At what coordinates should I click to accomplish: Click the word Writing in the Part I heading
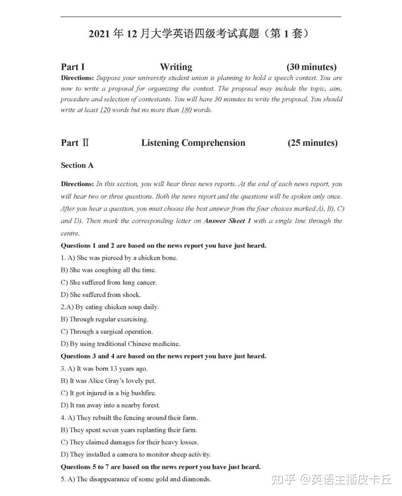pos(176,67)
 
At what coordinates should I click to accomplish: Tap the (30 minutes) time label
pos(312,67)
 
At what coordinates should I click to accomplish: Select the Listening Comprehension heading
pos(193,143)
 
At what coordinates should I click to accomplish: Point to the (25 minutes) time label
pos(313,143)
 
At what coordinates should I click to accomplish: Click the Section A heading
pos(77,165)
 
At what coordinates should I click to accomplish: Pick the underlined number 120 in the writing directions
pos(105,110)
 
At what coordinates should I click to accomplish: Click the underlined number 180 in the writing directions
pos(186,110)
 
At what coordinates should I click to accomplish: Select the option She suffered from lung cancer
pos(109,282)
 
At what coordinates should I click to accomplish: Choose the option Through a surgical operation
pos(107,332)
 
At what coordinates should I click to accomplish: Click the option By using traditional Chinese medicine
pos(120,344)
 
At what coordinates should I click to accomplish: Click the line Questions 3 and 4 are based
pos(163,356)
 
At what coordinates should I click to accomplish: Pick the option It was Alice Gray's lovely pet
pos(108,381)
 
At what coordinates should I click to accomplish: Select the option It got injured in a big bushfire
pos(109,393)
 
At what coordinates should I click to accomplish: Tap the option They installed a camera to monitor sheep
pos(136,454)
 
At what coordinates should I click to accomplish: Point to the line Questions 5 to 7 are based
pos(160,467)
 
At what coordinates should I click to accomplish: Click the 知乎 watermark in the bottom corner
pos(284,480)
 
